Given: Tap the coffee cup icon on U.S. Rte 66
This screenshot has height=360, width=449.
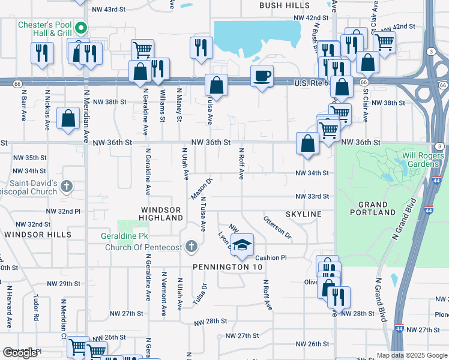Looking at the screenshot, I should point(262,76).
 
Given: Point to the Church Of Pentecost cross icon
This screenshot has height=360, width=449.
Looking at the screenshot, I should point(191,247).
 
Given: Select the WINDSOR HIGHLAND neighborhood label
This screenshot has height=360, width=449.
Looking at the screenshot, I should point(161,214).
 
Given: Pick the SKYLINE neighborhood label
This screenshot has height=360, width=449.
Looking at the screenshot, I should point(303,214).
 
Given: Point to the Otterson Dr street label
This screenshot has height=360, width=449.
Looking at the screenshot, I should point(277,227).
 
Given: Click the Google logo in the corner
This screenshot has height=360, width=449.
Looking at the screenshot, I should point(20,353).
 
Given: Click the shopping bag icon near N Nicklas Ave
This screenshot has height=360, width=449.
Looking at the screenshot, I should point(68,118).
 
